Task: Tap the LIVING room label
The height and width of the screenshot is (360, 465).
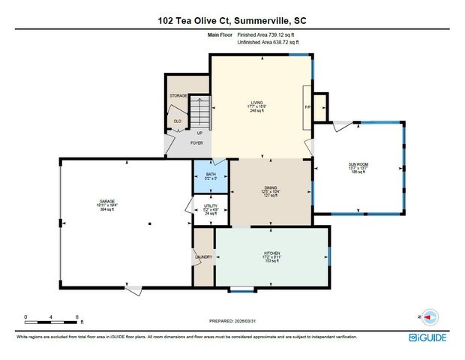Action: pyautogui.click(x=260, y=103)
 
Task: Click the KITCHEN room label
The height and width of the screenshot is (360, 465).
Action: pyautogui.click(x=271, y=253)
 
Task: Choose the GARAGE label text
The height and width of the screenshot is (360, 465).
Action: pyautogui.click(x=108, y=201)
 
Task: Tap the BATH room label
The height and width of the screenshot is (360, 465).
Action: pyautogui.click(x=211, y=174)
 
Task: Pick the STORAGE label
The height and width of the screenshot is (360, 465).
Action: pyautogui.click(x=178, y=95)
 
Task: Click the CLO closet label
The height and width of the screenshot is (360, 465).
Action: pyautogui.click(x=178, y=121)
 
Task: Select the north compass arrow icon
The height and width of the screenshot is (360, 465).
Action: pyautogui.click(x=429, y=317)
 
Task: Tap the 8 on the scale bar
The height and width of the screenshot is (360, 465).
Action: pyautogui.click(x=77, y=317)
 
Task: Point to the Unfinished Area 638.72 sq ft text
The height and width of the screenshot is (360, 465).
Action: pyautogui.click(x=268, y=43)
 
